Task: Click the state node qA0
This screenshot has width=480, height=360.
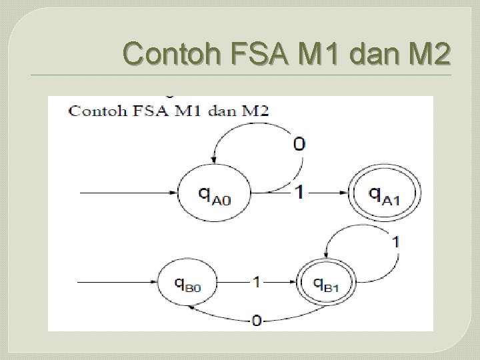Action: coord(215,194)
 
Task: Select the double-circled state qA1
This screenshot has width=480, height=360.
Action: coord(385,194)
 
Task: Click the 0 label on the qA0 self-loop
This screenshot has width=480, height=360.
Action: coord(299,143)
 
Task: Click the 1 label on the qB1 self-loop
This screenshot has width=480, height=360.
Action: coord(395,241)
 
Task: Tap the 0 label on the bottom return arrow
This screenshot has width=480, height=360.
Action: coord(256,321)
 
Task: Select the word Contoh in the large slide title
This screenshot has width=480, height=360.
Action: coord(171,53)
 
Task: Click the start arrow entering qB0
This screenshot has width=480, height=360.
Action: coord(117,282)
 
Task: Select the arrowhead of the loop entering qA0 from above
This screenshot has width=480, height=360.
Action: coord(215,160)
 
